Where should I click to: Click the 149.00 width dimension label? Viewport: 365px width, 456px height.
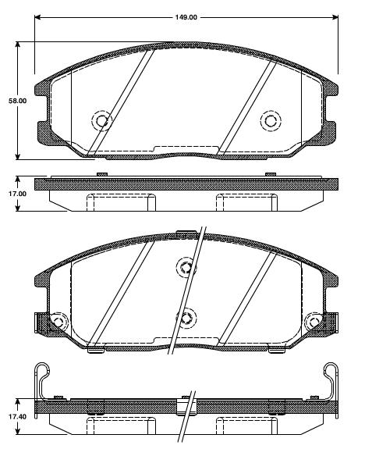[185, 16]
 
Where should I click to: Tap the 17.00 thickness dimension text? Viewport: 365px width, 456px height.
[17, 193]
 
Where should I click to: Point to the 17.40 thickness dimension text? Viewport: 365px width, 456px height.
[17, 418]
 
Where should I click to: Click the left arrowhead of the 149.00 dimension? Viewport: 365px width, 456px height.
[37, 16]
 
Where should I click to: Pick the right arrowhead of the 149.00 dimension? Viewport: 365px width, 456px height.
[335, 16]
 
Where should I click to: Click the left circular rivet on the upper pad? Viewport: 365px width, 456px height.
[101, 120]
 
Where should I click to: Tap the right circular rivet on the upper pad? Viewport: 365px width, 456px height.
[270, 120]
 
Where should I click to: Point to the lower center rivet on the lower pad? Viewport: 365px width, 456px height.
[186, 318]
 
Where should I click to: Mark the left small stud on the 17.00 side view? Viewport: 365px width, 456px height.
[101, 174]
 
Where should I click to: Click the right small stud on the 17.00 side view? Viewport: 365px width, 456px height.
[270, 174]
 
